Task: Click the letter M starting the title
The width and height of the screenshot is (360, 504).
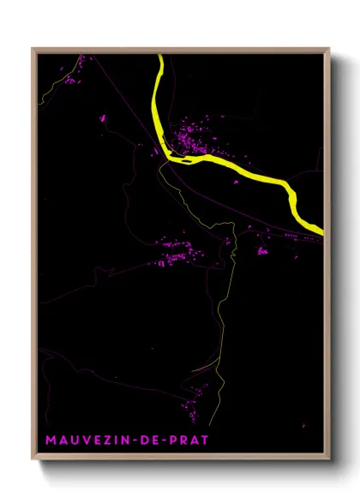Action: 51,441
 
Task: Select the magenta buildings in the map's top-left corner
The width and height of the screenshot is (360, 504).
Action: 68,81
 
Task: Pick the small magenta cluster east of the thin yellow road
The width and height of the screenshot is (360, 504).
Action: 261,251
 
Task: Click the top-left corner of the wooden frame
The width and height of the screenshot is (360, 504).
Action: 34,50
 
